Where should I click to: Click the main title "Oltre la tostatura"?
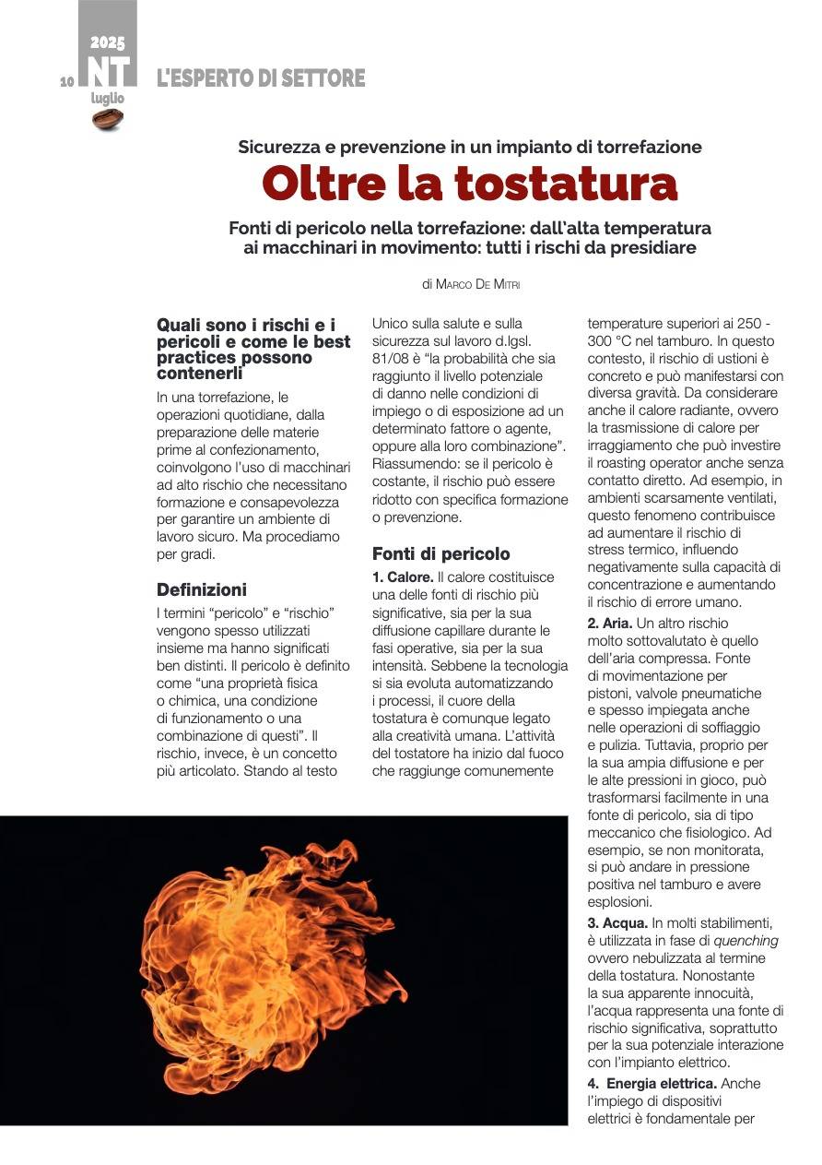(x=470, y=184)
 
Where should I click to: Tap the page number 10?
(x=66, y=82)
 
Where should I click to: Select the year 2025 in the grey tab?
(x=108, y=42)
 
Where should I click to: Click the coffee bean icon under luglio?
(x=108, y=119)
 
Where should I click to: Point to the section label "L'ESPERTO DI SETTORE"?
(x=261, y=79)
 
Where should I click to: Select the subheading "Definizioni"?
(x=202, y=589)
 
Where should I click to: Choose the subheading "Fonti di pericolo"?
(x=440, y=554)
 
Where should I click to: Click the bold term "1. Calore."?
(x=402, y=577)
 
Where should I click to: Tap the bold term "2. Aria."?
(x=610, y=624)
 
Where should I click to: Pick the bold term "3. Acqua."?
(x=616, y=923)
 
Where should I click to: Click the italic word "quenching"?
(x=746, y=941)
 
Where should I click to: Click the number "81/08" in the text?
(x=390, y=358)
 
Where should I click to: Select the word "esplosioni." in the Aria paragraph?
(x=619, y=902)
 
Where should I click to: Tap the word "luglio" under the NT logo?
(x=107, y=98)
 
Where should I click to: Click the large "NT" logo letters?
(x=108, y=71)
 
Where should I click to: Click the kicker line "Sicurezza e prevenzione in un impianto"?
(x=470, y=147)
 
